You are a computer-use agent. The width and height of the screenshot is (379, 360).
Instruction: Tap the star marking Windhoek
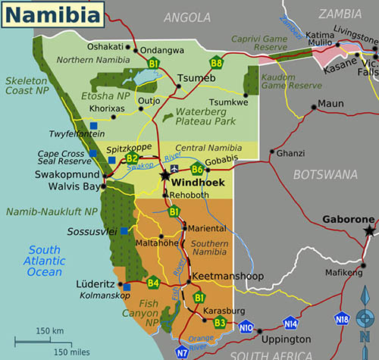(165, 175)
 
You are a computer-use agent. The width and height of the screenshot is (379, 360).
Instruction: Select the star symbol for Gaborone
(369, 230)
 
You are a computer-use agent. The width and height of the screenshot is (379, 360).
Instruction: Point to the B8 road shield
(217, 63)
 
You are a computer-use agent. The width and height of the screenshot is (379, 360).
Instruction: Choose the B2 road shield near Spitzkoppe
(133, 158)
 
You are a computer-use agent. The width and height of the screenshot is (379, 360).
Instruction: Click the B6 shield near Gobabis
(197, 170)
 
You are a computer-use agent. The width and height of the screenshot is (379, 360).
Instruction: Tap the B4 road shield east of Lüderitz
(153, 284)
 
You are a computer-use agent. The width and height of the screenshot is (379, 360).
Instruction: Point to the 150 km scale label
(50, 330)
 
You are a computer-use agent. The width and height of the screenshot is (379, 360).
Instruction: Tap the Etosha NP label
(105, 96)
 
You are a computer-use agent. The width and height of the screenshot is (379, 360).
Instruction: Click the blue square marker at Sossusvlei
(123, 230)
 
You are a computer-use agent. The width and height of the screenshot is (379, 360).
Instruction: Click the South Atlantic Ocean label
(45, 261)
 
